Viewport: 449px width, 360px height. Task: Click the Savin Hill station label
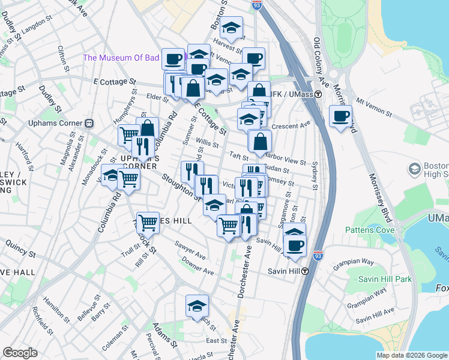click(x=286, y=271)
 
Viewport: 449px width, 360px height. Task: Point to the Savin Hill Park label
click(x=385, y=279)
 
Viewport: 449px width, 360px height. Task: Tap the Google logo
click(x=20, y=353)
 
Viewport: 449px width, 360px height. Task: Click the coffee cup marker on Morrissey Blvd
click(x=340, y=116)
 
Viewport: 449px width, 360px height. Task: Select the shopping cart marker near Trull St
click(x=148, y=223)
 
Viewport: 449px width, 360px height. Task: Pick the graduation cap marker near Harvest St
click(x=231, y=28)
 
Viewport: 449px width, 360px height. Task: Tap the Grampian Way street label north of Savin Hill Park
click(x=371, y=262)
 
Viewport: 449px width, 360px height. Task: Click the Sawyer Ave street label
click(x=190, y=248)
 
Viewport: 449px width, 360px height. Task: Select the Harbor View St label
click(x=285, y=161)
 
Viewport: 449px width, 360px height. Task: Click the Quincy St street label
click(x=23, y=245)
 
